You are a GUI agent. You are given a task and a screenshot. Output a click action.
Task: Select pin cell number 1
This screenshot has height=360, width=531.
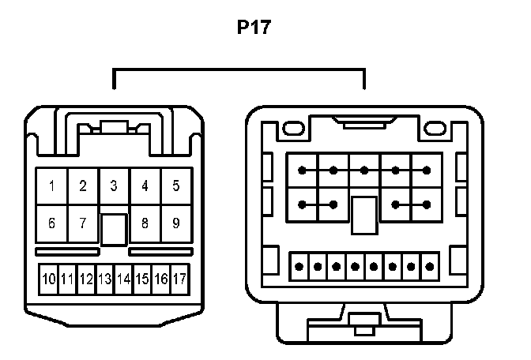(x=51, y=186)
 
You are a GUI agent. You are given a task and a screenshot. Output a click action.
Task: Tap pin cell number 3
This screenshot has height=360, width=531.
(x=114, y=186)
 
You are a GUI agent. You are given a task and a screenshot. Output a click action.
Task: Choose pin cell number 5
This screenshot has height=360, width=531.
(x=175, y=186)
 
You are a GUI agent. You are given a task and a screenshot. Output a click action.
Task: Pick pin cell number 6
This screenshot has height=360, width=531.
(x=51, y=223)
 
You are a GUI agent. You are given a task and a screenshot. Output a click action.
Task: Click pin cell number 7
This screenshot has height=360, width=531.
(x=82, y=223)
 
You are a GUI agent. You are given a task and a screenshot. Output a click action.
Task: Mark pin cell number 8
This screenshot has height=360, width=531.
(x=145, y=223)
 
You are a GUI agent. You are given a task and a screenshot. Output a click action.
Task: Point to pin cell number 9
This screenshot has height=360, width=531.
(x=175, y=223)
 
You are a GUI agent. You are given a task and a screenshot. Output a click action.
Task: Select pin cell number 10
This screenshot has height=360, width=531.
(x=49, y=279)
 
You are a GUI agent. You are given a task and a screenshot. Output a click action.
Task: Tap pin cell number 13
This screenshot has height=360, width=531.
(x=105, y=279)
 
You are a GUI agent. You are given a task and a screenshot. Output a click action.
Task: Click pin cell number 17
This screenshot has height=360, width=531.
(x=179, y=279)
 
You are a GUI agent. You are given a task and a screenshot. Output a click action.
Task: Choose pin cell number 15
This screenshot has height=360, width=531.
(x=142, y=279)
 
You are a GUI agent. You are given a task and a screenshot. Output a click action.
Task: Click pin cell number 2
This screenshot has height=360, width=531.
(x=82, y=186)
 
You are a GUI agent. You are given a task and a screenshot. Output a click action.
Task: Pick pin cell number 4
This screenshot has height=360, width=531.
(x=145, y=186)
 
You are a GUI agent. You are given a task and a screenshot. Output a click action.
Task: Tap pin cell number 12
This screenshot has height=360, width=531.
(x=86, y=279)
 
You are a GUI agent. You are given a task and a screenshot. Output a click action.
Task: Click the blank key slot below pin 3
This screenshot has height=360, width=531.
(x=114, y=229)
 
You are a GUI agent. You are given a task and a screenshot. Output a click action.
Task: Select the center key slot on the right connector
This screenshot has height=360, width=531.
(x=363, y=214)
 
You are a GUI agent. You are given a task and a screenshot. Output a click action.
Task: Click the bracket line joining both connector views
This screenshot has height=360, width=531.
(x=239, y=71)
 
